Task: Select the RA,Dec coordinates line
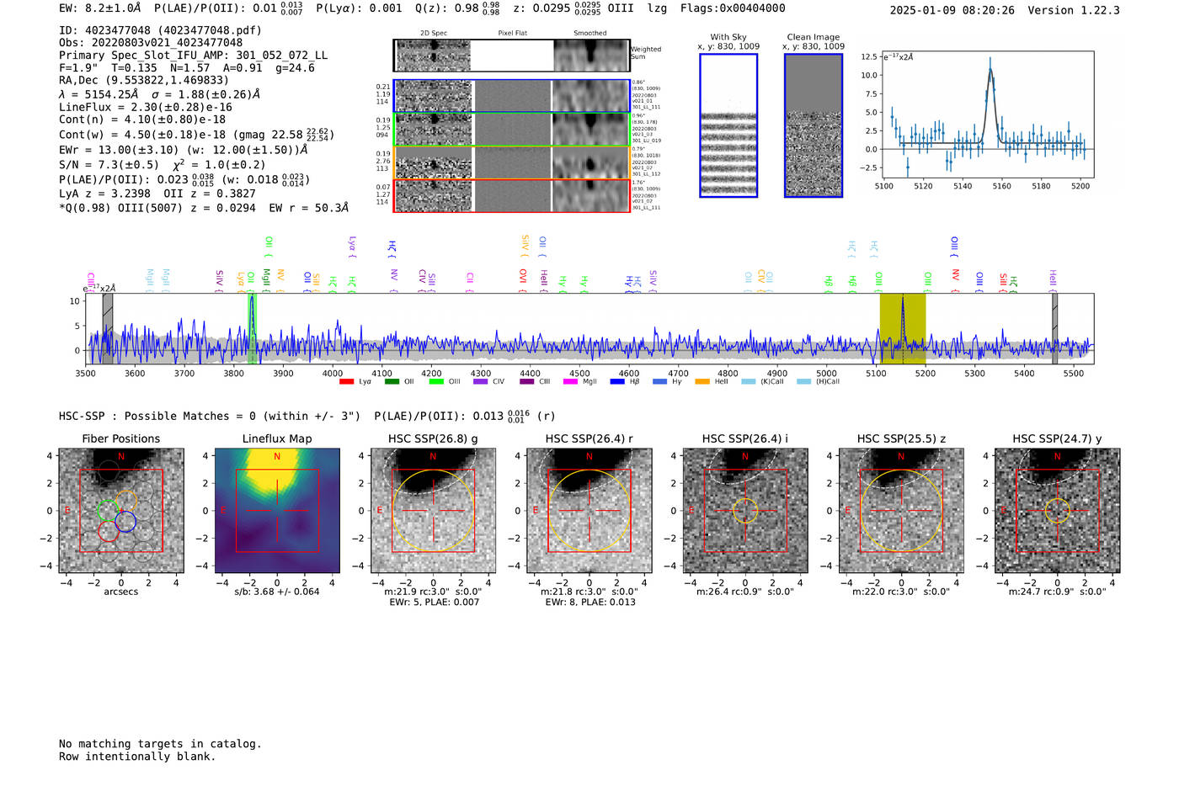click(143, 80)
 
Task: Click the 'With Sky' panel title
click(728, 37)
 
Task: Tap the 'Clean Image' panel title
click(813, 37)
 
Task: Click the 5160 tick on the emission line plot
click(1001, 186)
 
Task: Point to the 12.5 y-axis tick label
click(868, 56)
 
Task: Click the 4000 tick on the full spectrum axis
click(333, 373)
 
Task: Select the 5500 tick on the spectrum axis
click(1073, 373)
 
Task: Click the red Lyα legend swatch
click(346, 382)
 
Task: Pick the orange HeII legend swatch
click(702, 382)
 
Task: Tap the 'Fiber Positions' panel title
click(120, 438)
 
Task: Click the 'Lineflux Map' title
click(277, 438)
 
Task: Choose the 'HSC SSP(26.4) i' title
click(745, 438)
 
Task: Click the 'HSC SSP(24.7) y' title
click(1057, 438)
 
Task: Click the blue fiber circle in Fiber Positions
click(125, 522)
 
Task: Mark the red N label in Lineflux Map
click(277, 457)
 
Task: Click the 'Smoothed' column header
click(589, 34)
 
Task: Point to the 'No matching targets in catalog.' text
click(160, 744)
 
